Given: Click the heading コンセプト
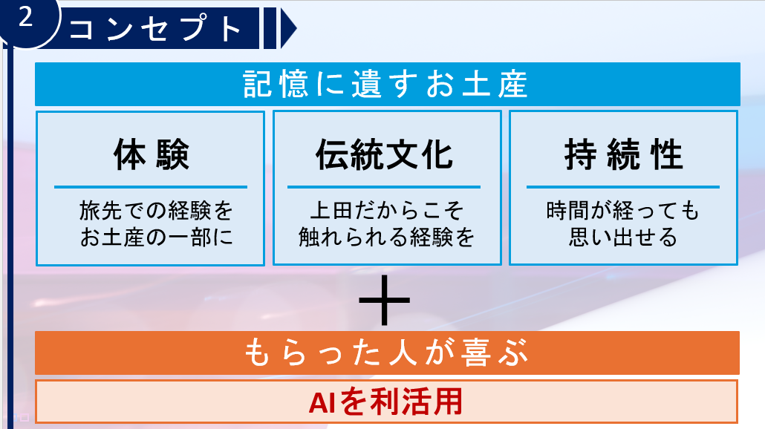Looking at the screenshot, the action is [156, 27].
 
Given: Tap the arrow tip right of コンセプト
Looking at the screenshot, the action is [296, 27].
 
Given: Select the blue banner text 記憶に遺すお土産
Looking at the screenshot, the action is [385, 84].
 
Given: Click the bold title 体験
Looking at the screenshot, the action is [151, 154].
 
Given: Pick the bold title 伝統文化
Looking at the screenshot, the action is [385, 154].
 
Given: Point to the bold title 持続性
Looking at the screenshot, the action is [624, 154].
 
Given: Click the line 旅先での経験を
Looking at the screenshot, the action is [156, 211].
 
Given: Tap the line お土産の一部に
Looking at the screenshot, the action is [156, 238].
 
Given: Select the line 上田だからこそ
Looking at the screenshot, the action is [386, 211].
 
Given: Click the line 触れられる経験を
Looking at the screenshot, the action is [386, 238].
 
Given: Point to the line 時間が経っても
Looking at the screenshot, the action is [623, 211].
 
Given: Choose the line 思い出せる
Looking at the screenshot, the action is [623, 238].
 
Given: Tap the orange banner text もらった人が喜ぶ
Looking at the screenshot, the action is [386, 353].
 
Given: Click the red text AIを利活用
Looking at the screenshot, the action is [385, 402].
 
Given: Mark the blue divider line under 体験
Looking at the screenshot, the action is [151, 187].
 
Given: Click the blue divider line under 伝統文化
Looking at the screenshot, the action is [384, 187].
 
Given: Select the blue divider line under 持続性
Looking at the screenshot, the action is [623, 187].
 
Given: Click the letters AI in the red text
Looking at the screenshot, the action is [322, 403].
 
